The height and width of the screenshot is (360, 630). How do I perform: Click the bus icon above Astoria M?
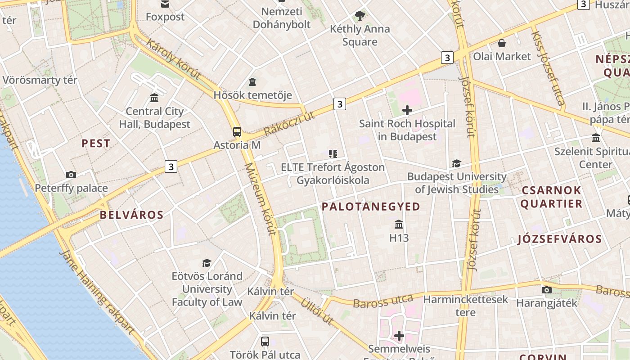237,132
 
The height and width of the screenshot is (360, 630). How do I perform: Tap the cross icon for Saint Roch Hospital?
407,110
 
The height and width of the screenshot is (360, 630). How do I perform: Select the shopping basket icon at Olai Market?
501,44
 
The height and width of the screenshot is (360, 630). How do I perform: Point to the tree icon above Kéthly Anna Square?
360,16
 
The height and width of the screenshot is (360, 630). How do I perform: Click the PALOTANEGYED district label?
371,207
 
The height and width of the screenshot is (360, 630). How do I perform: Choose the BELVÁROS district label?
131,215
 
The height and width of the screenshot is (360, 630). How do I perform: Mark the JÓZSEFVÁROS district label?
559,239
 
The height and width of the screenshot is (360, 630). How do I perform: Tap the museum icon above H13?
399,224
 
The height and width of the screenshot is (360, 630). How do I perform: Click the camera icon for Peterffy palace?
71,175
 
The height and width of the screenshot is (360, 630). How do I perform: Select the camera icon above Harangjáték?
547,290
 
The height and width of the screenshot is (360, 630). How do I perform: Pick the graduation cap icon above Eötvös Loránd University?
207,263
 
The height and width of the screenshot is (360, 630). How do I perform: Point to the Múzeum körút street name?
260,199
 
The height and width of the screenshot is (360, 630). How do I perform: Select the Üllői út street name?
317,311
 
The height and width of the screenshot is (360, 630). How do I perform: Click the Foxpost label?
165,17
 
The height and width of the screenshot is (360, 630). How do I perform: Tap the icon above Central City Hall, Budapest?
154,98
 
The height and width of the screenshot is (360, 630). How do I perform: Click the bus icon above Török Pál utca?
265,341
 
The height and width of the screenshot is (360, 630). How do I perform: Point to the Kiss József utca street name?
548,67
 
